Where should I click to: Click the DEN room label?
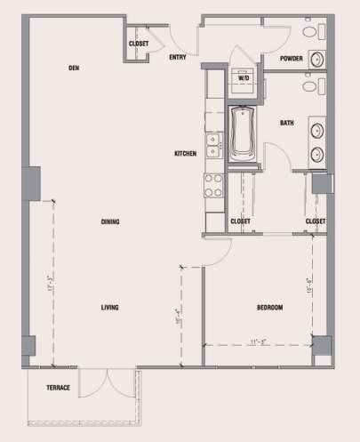74,68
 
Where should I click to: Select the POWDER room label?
292,59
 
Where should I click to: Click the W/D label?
243,78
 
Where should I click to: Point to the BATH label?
287,123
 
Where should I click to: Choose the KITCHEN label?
185,154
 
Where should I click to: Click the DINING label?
110,221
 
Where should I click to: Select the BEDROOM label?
269,308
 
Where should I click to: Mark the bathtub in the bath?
243,133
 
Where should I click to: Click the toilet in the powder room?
310,31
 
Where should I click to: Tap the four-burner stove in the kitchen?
213,185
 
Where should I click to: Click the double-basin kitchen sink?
213,145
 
